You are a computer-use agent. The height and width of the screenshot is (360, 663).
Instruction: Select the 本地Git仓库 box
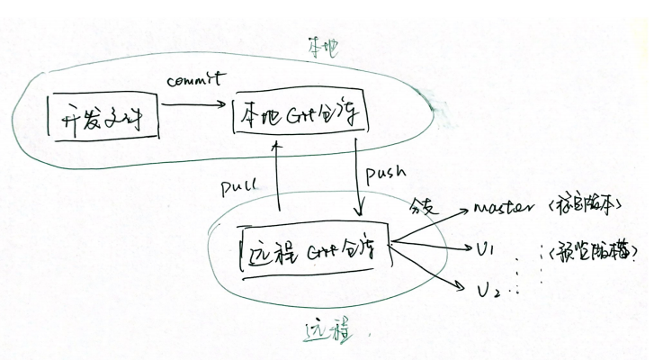coord(300,115)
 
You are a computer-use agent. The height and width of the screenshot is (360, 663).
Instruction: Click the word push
coord(387,170)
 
